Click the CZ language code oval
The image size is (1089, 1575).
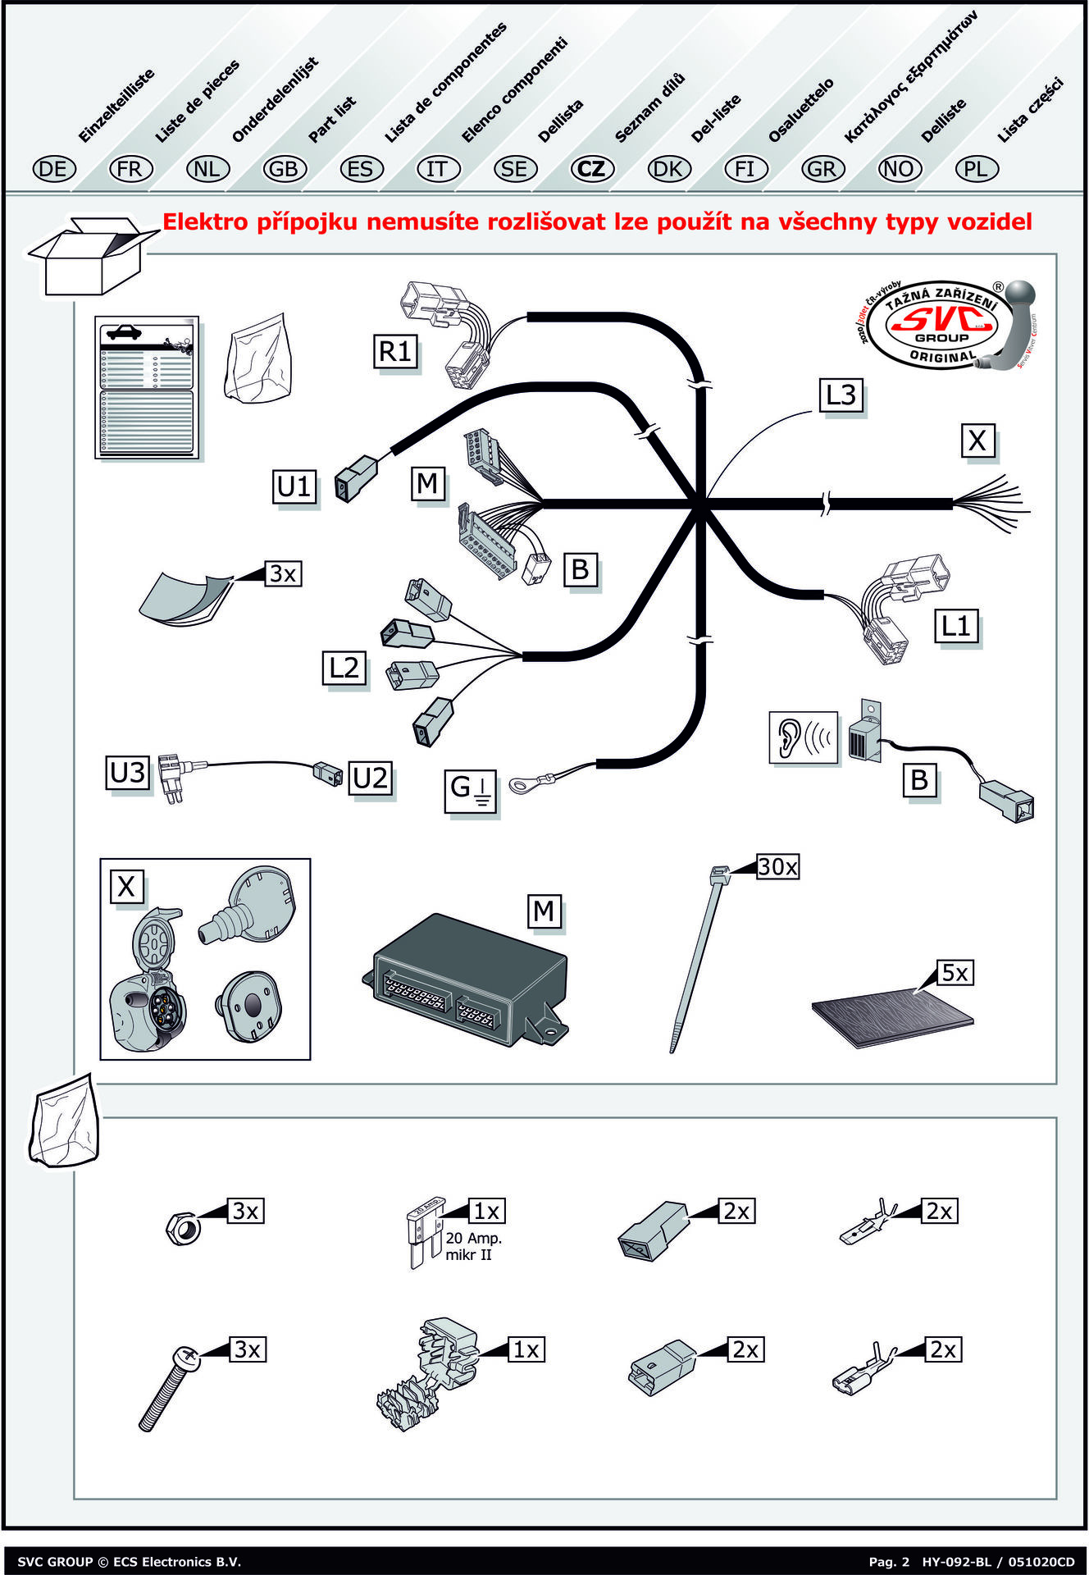pos(591,169)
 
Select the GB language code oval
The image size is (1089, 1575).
pos(284,169)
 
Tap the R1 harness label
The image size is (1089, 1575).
pos(395,351)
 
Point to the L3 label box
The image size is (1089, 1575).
pos(841,395)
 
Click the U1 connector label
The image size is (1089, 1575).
pos(294,486)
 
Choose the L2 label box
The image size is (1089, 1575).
pos(344,668)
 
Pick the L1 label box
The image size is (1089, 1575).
pos(956,627)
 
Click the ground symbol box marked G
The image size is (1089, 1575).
pos(470,791)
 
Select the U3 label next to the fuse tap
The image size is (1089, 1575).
pos(128,773)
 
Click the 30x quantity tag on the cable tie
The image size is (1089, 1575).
pos(777,867)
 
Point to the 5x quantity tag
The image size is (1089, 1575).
pos(955,973)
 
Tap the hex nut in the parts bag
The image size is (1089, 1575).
pos(181,1227)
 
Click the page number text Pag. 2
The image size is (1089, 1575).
pos(889,1562)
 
